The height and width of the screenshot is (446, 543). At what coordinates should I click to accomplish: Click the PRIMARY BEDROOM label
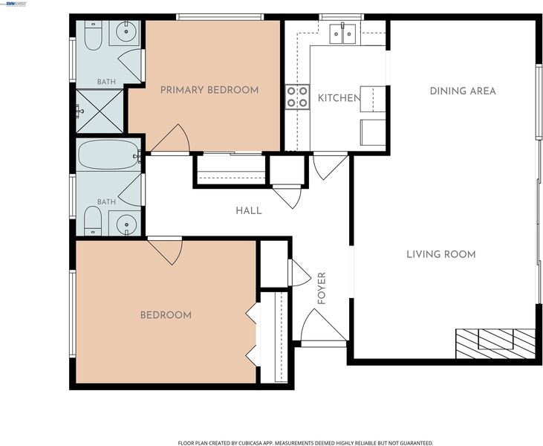pos(209,90)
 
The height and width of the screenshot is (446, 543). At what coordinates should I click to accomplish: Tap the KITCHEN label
pos(339,98)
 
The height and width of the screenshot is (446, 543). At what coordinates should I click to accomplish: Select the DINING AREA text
pos(463,91)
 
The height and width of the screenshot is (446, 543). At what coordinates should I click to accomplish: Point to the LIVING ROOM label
pos(440,254)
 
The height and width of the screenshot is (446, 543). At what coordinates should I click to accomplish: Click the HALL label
pos(249,210)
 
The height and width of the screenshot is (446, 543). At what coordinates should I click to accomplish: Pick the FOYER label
pos(322,288)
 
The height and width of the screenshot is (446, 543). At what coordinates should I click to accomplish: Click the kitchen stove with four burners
pos(297,97)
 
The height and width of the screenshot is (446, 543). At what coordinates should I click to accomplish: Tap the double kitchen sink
pos(342,33)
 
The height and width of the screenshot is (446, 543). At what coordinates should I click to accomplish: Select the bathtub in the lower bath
pos(108,155)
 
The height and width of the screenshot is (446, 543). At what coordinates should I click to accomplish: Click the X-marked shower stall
pos(100,111)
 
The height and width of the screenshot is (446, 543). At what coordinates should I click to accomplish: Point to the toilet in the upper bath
pos(93,36)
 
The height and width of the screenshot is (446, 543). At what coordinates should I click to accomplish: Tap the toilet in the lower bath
pos(93,221)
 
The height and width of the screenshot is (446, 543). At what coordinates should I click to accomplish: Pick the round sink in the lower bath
pos(126,224)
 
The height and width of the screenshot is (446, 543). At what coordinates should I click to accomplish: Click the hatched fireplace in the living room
pos(495,343)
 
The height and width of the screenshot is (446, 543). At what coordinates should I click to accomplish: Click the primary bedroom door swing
pos(170,139)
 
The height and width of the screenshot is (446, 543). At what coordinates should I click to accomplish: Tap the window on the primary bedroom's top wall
pos(220,17)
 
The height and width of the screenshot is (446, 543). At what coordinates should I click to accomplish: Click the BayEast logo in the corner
pos(13,4)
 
